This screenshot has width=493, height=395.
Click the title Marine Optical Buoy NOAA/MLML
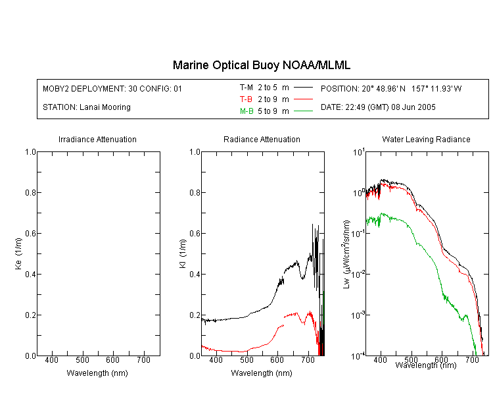pos(261,65)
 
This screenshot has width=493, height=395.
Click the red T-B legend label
pos(246,99)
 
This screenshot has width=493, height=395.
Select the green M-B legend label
pos(246,111)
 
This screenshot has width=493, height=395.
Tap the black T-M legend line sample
pos(303,88)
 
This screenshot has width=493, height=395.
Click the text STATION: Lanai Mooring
pos(87,107)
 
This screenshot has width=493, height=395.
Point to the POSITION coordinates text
pos(391,88)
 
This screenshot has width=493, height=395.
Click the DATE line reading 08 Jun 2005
pos(378,107)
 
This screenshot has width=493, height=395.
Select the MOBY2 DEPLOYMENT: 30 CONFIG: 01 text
pos(112,88)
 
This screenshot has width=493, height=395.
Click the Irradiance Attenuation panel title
pos(97,139)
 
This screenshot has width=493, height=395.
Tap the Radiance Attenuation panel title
pos(262,139)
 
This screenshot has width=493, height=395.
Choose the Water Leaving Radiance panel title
pos(426,139)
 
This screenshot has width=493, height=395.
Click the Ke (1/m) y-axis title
pos(18,253)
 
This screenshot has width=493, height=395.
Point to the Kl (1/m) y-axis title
pos(183,253)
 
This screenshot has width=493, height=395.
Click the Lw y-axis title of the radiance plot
pos(346,254)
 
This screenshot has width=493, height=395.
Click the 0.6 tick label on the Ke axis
pos(30,234)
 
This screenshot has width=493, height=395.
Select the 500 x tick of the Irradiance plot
pos(82,360)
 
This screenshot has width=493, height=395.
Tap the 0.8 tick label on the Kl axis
pos(195,192)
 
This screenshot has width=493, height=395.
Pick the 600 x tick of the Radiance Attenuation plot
pos(277,360)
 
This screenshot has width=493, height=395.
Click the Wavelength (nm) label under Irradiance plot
pos(97,373)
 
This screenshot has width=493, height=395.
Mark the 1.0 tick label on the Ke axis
pos(30,152)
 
